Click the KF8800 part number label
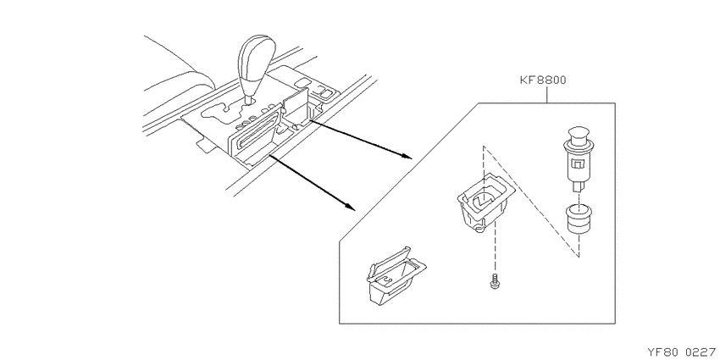pyautogui.click(x=543, y=80)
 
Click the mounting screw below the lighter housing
pyautogui.click(x=495, y=281)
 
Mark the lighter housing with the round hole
pyautogui.click(x=486, y=202)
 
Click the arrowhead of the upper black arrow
pyautogui.click(x=406, y=156)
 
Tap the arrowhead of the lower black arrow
pyautogui.click(x=351, y=207)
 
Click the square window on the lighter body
pyautogui.click(x=576, y=163)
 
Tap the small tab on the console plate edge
pyautogui.click(x=203, y=145)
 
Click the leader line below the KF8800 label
pyautogui.click(x=546, y=95)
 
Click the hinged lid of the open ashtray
pyautogui.click(x=389, y=263)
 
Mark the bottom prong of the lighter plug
pyautogui.click(x=579, y=187)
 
